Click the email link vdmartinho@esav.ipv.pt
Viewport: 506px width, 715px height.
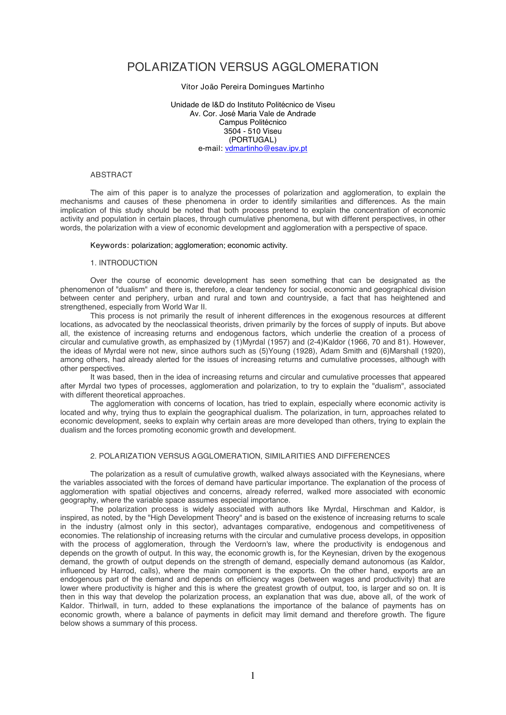click(x=266, y=148)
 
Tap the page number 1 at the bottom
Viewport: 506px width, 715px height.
click(x=253, y=676)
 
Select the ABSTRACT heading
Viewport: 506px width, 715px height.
click(x=111, y=175)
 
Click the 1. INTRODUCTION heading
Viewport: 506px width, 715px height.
click(x=124, y=263)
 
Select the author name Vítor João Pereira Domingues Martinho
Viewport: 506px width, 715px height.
click(x=253, y=87)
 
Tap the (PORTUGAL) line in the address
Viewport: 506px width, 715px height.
click(x=253, y=140)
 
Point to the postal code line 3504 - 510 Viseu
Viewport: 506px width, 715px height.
click(x=253, y=131)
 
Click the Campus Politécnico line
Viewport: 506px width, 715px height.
click(x=253, y=122)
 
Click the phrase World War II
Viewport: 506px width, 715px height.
click(x=184, y=307)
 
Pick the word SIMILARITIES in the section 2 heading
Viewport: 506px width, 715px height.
click(x=290, y=456)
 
